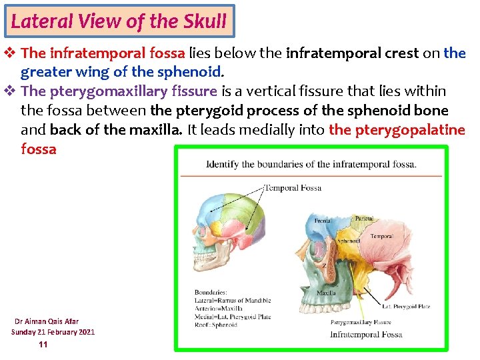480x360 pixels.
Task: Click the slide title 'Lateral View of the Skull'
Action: (x=119, y=21)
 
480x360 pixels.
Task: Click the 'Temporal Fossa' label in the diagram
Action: (x=293, y=188)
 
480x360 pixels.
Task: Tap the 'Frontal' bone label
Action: (x=323, y=221)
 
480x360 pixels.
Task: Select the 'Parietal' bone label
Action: (x=363, y=218)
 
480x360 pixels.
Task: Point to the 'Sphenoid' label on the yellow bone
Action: (x=349, y=241)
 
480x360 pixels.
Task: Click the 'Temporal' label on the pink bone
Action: (x=381, y=236)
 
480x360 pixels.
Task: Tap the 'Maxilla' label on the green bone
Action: (x=326, y=293)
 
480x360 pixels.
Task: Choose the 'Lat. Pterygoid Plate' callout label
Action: (x=406, y=307)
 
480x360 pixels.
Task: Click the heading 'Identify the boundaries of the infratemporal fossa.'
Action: (x=311, y=165)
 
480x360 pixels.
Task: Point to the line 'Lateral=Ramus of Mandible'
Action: (x=233, y=300)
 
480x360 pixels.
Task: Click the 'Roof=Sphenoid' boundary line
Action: (x=215, y=325)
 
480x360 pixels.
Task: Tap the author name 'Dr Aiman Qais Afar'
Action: (x=47, y=321)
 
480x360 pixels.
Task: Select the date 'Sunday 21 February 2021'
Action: (x=53, y=332)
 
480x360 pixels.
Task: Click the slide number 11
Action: (x=43, y=344)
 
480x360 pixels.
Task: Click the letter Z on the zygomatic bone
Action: (x=324, y=265)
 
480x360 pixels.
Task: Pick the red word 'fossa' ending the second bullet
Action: (x=39, y=149)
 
